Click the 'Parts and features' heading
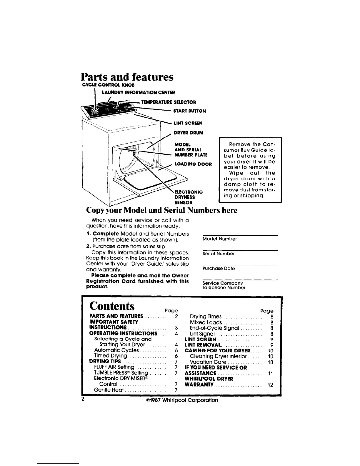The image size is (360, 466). click(x=127, y=77)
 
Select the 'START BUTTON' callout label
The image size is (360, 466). click(x=189, y=111)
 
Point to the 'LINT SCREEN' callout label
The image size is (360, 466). click(x=188, y=123)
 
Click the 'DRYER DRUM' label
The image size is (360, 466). click(x=188, y=133)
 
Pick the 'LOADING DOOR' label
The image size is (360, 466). click(x=193, y=164)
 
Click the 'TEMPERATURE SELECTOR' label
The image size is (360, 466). click(x=169, y=102)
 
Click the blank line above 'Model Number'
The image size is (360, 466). click(x=240, y=234)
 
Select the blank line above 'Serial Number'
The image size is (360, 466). click(x=240, y=249)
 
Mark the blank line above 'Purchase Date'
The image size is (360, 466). click(x=240, y=264)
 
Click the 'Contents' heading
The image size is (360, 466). click(x=112, y=306)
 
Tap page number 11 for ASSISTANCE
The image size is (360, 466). click(x=271, y=373)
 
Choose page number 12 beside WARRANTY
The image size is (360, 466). click(x=271, y=385)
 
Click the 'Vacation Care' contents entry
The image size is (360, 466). click(x=208, y=362)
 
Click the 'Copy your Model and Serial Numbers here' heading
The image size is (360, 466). click(x=161, y=211)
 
